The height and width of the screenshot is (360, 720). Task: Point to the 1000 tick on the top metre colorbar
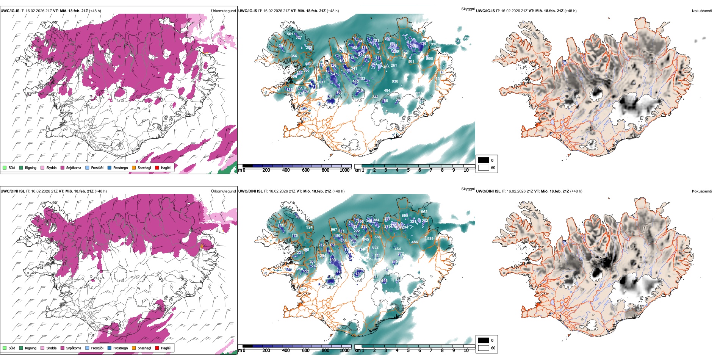344,170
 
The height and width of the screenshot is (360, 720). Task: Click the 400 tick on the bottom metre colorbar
286,351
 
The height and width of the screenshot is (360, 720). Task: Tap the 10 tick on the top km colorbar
466,170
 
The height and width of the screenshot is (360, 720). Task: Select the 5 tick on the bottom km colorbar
408,351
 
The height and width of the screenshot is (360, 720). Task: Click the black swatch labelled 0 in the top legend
484,160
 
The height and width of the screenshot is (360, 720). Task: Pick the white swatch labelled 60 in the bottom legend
484,348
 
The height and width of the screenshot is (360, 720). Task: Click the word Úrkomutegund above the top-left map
223,11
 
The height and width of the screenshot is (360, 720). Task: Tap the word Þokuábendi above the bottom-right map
702,191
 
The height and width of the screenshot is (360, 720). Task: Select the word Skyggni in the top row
468,9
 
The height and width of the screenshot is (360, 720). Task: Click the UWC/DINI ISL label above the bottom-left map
13,191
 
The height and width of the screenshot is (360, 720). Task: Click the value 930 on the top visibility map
395,81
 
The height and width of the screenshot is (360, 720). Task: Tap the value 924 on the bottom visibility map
309,228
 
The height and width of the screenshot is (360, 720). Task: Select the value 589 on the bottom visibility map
430,239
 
